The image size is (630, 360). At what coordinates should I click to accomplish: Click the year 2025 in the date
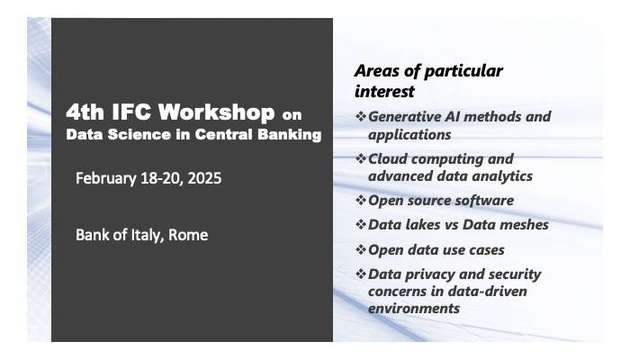click(202, 178)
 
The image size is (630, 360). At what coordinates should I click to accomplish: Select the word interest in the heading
click(384, 91)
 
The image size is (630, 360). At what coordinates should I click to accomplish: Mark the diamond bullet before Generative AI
click(361, 116)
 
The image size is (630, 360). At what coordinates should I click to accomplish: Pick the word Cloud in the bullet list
click(389, 158)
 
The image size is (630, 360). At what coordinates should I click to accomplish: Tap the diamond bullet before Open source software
click(361, 200)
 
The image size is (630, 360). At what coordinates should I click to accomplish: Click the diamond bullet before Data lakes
click(361, 224)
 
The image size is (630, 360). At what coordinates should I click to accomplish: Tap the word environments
click(414, 308)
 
